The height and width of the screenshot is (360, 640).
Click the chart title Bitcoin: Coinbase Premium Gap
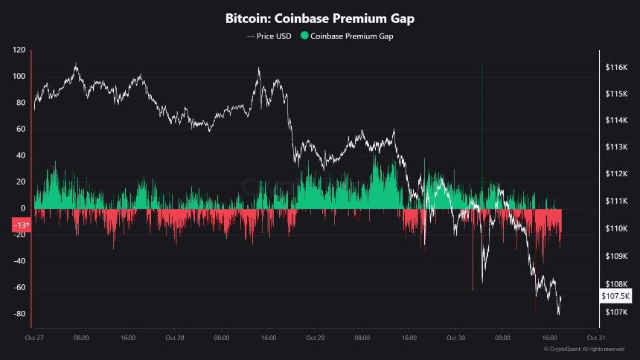pos(320,18)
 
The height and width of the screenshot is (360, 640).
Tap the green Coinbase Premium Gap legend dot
pos(304,36)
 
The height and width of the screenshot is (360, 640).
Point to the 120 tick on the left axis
pos(19,50)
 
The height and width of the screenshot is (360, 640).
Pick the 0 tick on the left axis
pos(23,208)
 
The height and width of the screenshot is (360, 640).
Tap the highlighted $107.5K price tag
pos(615,296)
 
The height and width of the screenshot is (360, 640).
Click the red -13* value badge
pos(21,225)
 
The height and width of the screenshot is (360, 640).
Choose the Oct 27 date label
pos(34,338)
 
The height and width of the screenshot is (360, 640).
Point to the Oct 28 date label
pos(174,338)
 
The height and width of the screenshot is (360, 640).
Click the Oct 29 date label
pos(315,338)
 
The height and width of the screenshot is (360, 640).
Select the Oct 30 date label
pos(455,338)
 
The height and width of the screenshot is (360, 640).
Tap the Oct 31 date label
pos(595,338)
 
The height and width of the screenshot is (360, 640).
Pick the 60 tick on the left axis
pos(19,129)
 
